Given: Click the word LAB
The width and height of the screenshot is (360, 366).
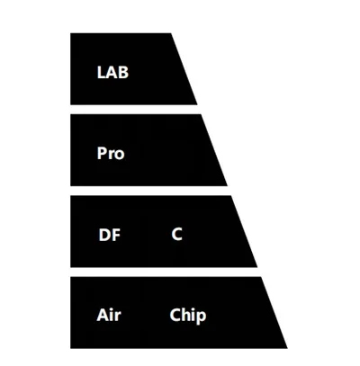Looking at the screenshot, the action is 112,72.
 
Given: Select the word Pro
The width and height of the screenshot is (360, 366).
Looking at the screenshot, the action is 111,153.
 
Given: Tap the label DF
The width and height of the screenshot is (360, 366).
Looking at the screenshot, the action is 110,235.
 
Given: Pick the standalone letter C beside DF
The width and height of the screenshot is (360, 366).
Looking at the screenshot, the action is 177,234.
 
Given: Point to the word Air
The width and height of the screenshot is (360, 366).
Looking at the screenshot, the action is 109,315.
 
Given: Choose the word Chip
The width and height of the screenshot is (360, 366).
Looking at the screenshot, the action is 188,316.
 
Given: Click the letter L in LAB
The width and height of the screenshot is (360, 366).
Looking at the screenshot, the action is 101,72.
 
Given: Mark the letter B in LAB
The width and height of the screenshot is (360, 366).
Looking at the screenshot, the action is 123,72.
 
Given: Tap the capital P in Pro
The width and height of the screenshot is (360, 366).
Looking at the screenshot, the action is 102,153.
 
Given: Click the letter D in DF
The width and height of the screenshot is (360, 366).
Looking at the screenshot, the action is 104,235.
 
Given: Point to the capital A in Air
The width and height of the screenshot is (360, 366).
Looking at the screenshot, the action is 103,315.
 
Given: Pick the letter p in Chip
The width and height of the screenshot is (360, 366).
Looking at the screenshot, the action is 202,317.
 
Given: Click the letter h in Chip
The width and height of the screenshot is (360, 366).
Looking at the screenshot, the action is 184,315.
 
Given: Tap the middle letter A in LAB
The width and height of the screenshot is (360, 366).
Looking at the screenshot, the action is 111,72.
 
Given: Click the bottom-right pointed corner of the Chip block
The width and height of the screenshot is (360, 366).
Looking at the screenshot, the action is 287,348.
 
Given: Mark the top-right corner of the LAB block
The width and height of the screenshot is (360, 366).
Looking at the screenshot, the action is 171,33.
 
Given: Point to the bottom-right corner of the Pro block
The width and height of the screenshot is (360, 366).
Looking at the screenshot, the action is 227,186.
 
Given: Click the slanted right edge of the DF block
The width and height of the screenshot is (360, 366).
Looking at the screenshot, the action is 244,231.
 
